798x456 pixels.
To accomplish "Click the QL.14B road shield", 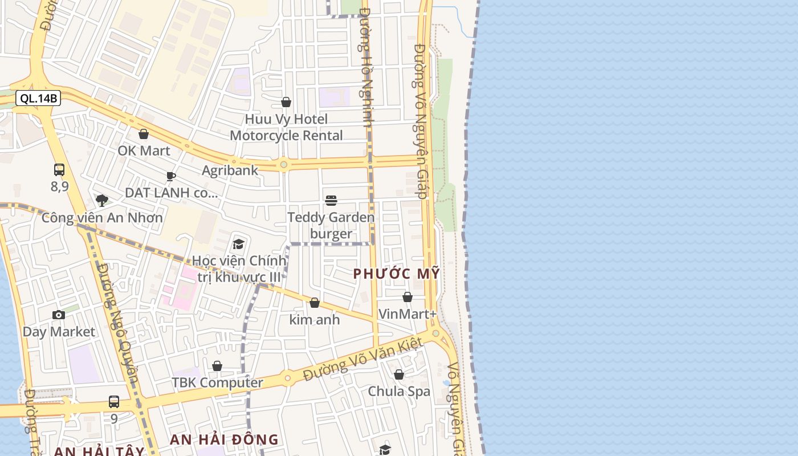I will pos(38,98).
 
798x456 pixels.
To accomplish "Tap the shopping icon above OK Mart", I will pos(144,134).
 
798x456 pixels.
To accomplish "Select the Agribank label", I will pos(230,170).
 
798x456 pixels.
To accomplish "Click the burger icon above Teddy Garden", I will pos(331,200).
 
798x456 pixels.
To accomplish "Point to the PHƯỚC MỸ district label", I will pos(396,274).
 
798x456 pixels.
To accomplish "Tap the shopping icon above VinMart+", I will pos(408,297).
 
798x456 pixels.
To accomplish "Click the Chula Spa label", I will pos(399,391).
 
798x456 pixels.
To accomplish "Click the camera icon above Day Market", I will pos(58,315).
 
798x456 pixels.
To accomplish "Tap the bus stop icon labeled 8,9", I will pos(59,169).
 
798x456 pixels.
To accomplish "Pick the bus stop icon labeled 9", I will pos(114,401).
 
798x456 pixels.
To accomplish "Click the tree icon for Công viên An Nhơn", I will pos(102,200).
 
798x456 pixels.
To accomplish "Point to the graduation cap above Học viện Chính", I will pos(238,245).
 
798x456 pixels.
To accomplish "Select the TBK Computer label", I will pos(217,382).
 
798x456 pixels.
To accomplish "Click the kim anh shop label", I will pos(314,319).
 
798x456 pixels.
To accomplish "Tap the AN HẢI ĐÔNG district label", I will pos(224,439).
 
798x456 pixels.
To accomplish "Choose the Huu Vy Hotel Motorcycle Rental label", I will pos(286,127).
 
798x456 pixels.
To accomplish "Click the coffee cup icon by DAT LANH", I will pos(171,176).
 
